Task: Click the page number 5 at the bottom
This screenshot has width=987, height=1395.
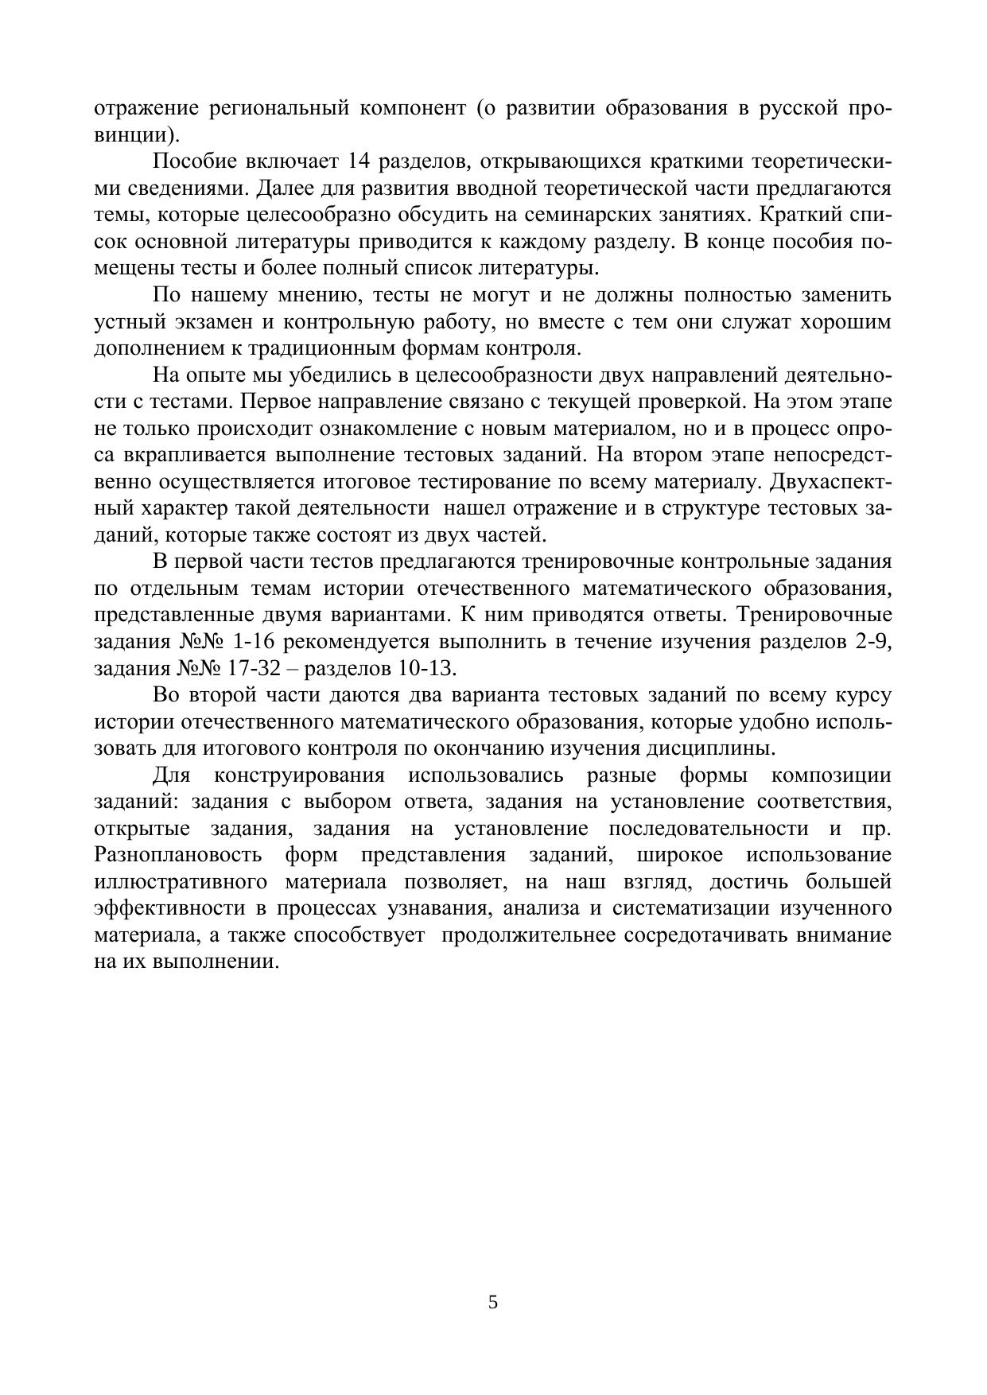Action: coord(493,1302)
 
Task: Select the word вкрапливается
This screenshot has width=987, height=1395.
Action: coord(192,456)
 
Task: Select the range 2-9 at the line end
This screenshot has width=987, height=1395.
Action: coord(874,643)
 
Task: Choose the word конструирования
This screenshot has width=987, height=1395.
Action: coord(299,776)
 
